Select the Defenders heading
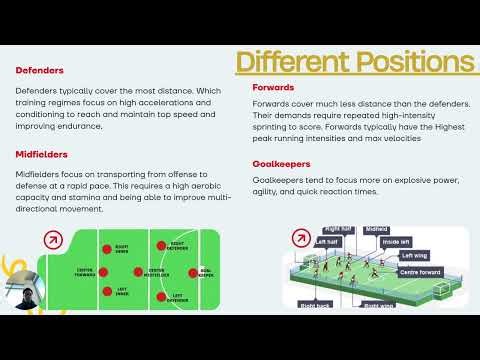coord(40,71)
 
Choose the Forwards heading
coord(273,87)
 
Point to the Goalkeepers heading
coord(281,163)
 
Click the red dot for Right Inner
coord(107,247)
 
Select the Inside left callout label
coord(396,241)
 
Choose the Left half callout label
coord(326,241)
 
